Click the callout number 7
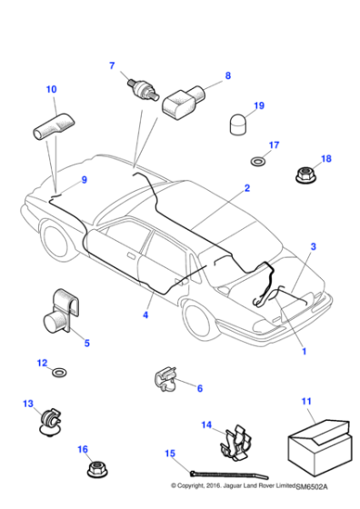pos(113,65)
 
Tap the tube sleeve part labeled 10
pos(54,125)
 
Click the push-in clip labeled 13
pos(46,420)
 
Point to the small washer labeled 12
pos(60,373)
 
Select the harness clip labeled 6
pos(165,377)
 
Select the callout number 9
pos(85,180)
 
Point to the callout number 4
pos(145,315)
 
